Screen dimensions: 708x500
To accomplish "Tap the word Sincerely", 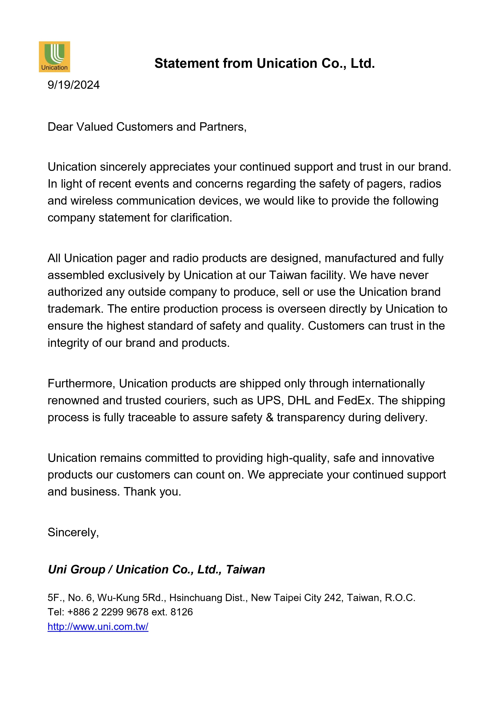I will [73, 532].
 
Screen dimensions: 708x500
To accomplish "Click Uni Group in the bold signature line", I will [76, 570].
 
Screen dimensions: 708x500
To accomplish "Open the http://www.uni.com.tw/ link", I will [98, 627].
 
